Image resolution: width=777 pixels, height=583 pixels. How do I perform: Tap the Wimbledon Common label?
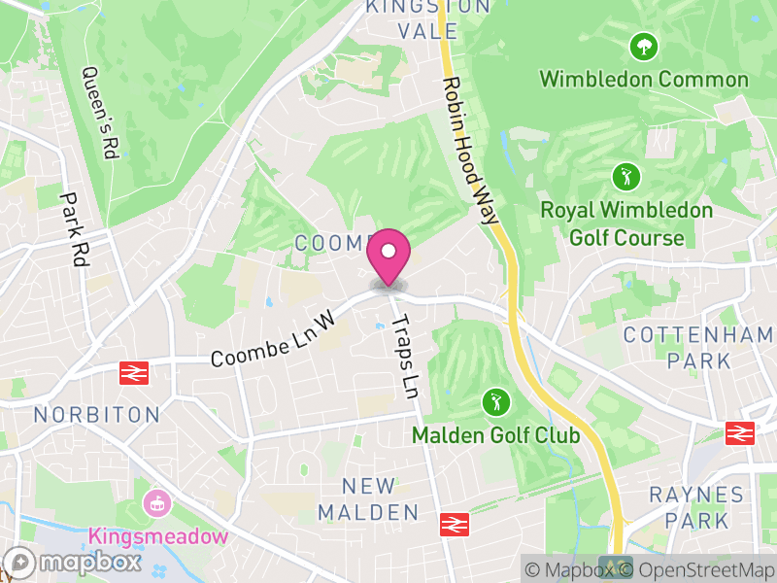pos(643,80)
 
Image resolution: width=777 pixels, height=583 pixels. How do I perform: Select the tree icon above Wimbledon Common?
pos(643,45)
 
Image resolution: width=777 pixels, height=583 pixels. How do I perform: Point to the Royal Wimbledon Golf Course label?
pos(626,223)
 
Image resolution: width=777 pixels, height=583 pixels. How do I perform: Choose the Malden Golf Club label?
pos(495,434)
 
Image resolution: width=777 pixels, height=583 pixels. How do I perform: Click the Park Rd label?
pos(73,229)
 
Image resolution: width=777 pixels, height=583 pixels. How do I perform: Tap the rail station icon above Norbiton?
pos(133,372)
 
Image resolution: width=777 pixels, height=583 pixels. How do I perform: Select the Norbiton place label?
pos(97,415)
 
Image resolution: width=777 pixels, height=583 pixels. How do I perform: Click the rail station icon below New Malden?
pos(452,525)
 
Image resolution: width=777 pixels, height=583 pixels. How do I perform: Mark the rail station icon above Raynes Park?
pos(741,433)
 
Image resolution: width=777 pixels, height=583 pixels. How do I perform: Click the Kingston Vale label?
pos(413,19)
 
